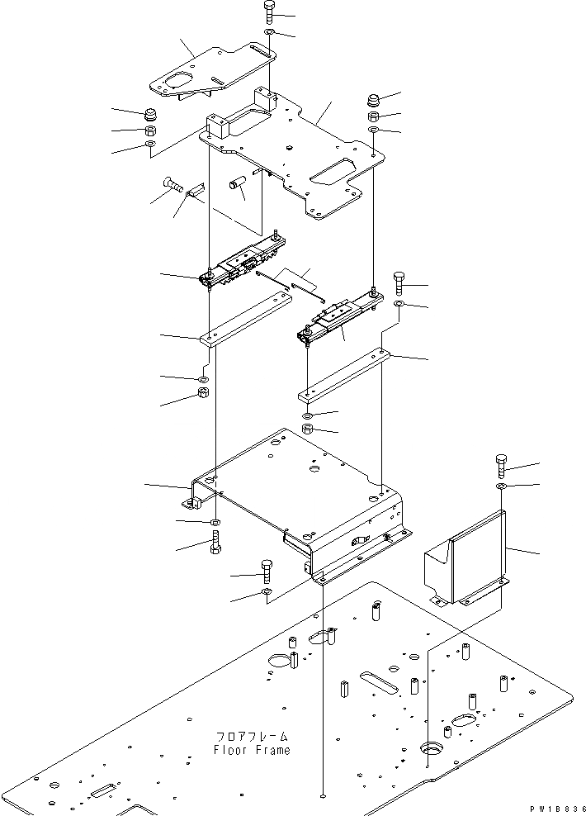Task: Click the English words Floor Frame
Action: coord(252,750)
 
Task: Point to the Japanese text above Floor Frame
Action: coord(252,736)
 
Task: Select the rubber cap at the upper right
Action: coord(372,102)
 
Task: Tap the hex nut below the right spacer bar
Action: coord(307,429)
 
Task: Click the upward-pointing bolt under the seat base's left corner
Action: coord(215,544)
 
